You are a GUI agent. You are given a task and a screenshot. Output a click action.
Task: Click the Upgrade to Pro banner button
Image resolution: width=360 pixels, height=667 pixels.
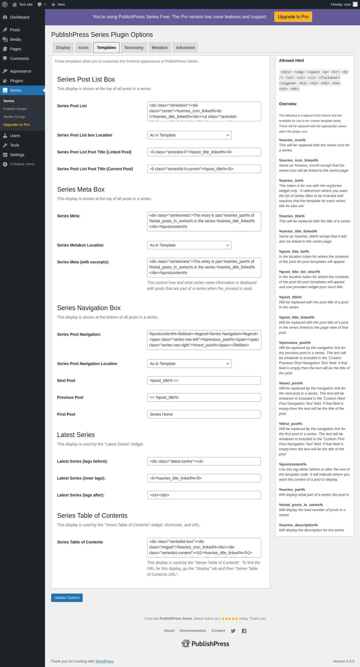[293, 17]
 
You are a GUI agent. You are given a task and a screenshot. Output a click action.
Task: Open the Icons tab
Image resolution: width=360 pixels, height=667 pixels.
[83, 48]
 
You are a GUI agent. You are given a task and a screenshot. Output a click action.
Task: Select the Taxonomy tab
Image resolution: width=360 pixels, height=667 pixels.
[134, 48]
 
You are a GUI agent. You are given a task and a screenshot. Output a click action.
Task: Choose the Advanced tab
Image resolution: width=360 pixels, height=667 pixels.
[185, 48]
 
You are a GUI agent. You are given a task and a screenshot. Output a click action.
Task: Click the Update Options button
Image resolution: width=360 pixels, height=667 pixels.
[67, 598]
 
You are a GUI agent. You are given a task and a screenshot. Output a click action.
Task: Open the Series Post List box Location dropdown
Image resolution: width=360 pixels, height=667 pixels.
[189, 135]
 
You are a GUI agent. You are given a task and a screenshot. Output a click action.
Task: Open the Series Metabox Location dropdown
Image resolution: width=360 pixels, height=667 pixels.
[189, 245]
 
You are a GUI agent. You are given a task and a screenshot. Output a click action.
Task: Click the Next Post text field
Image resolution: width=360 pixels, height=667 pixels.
[204, 380]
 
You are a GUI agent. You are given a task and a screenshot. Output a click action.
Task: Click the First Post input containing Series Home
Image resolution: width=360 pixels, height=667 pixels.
[204, 414]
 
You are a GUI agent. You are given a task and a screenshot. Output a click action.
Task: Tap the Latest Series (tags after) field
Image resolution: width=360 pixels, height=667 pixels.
[204, 495]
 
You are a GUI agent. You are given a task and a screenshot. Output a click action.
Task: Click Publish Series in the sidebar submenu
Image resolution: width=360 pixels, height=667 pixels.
[15, 109]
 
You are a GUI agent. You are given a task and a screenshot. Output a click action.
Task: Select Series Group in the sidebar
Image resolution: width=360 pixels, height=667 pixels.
[14, 117]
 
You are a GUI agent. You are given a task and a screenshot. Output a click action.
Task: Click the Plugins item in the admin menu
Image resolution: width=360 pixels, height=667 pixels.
[16, 81]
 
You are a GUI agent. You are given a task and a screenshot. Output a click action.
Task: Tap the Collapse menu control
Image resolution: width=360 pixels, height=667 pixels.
[22, 164]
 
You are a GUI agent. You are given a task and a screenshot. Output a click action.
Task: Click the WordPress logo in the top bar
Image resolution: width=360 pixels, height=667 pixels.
[5, 5]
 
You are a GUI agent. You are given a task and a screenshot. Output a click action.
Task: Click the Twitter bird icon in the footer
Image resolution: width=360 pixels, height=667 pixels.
[233, 631]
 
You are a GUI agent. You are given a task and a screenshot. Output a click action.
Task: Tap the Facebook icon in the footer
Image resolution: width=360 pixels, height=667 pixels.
[244, 631]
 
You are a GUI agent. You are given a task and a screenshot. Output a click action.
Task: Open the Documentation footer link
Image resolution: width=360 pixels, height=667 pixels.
[193, 631]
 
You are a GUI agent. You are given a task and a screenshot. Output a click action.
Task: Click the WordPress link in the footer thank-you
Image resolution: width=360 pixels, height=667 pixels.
[104, 661]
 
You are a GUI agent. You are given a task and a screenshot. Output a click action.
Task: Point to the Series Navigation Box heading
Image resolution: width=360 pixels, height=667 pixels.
[89, 308]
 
